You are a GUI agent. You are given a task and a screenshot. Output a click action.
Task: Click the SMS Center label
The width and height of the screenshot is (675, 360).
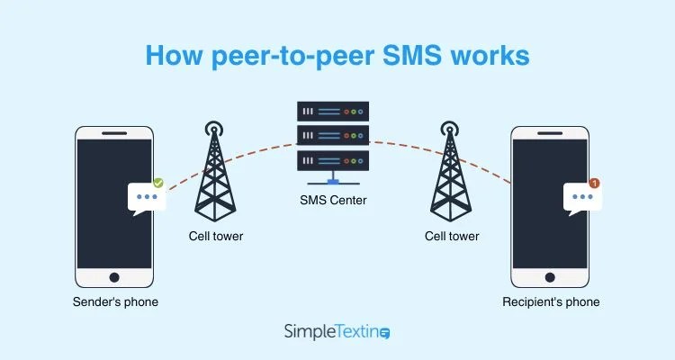tap(334, 201)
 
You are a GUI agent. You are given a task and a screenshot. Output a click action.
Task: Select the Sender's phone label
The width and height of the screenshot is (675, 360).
tap(115, 302)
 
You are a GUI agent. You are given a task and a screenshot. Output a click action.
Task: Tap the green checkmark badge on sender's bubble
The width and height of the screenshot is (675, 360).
tap(158, 183)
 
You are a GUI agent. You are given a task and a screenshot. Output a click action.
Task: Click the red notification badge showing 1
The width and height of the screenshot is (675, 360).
tap(594, 183)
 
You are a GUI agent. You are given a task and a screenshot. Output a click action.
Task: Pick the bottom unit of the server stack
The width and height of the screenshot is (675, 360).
tap(334, 163)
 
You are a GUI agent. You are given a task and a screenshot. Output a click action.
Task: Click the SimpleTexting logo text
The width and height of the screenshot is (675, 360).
tap(329, 332)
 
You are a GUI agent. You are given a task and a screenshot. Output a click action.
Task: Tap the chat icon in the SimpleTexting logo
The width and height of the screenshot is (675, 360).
tap(385, 333)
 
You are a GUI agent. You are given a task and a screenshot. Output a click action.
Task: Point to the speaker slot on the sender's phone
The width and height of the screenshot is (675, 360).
tap(115, 132)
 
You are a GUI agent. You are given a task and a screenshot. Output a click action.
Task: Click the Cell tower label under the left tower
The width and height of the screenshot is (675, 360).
tap(215, 236)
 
